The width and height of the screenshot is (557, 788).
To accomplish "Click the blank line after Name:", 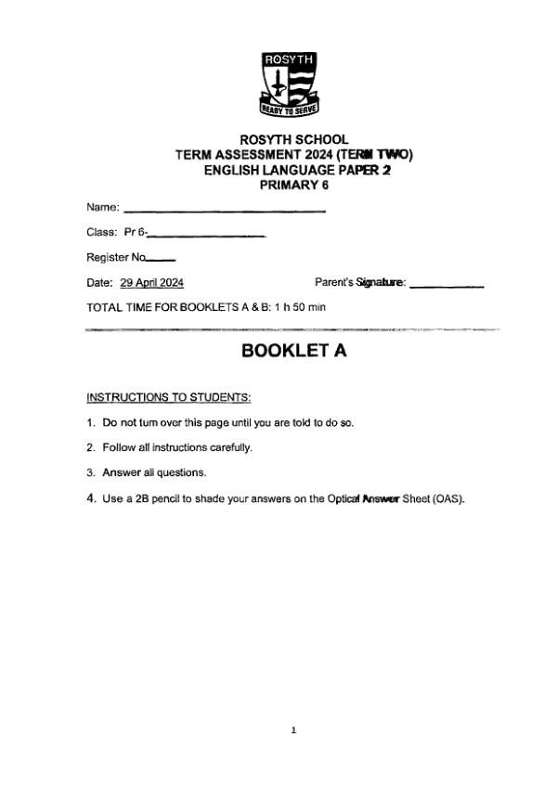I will (x=224, y=212).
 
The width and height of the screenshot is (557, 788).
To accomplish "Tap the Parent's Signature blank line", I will (x=447, y=286).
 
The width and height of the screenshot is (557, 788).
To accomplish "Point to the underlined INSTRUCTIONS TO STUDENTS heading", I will (x=169, y=398).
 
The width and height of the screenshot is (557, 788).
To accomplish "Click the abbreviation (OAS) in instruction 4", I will (x=448, y=498).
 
